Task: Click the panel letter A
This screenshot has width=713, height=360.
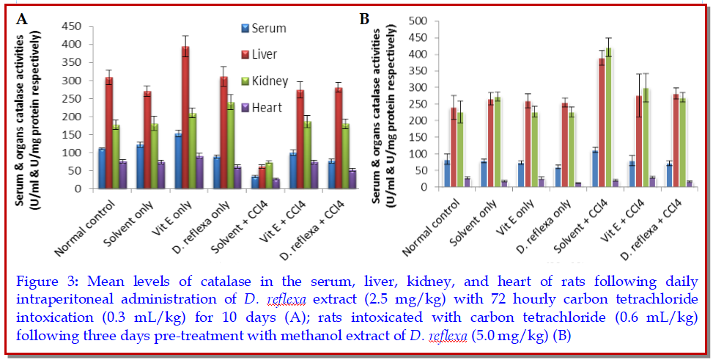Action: tap(22, 20)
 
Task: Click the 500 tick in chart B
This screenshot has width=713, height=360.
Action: tap(419, 21)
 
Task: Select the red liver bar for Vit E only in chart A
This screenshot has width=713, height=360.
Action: tap(185, 118)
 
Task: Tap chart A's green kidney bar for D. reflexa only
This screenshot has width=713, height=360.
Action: tap(231, 145)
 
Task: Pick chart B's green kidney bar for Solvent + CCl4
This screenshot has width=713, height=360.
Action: tap(608, 117)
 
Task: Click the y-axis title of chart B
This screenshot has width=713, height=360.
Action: tap(386, 103)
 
